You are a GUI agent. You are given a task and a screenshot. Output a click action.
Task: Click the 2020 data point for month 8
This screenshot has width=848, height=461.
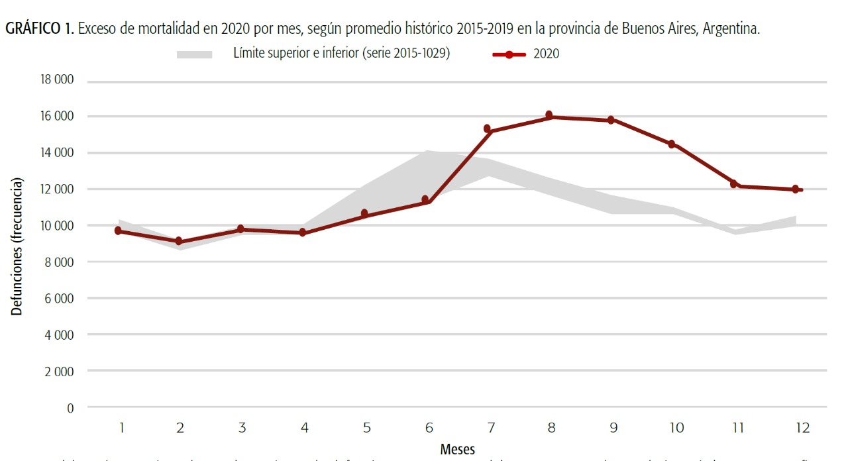point(549,115)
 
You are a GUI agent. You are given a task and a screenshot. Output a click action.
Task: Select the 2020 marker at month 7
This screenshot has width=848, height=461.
point(487,128)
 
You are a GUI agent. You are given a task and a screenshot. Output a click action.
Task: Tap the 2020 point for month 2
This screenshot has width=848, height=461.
point(179,242)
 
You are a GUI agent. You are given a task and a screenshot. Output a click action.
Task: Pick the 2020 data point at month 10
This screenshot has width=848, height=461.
point(671,144)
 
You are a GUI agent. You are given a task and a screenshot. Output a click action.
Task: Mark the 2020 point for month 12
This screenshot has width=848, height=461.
point(795,189)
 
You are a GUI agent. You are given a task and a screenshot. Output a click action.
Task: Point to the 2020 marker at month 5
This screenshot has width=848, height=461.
point(364,213)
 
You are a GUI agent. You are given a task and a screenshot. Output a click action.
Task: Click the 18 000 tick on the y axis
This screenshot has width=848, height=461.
point(56,80)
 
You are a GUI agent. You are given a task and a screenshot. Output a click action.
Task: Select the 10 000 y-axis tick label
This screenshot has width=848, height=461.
point(56,225)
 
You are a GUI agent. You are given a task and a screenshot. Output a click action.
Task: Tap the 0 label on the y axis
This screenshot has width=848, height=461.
point(70,407)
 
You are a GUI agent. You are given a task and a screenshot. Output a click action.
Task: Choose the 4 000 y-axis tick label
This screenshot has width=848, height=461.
point(58,334)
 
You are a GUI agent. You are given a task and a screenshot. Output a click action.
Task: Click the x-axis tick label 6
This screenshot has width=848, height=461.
point(429,428)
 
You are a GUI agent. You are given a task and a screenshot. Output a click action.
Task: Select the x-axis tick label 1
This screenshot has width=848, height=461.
point(122,428)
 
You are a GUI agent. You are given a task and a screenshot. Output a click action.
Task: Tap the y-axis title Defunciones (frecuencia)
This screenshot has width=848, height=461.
point(17,246)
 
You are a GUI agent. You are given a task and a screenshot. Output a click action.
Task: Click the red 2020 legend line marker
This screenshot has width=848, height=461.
point(509,54)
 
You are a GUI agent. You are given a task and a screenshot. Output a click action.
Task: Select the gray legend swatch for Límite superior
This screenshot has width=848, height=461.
point(194,54)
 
